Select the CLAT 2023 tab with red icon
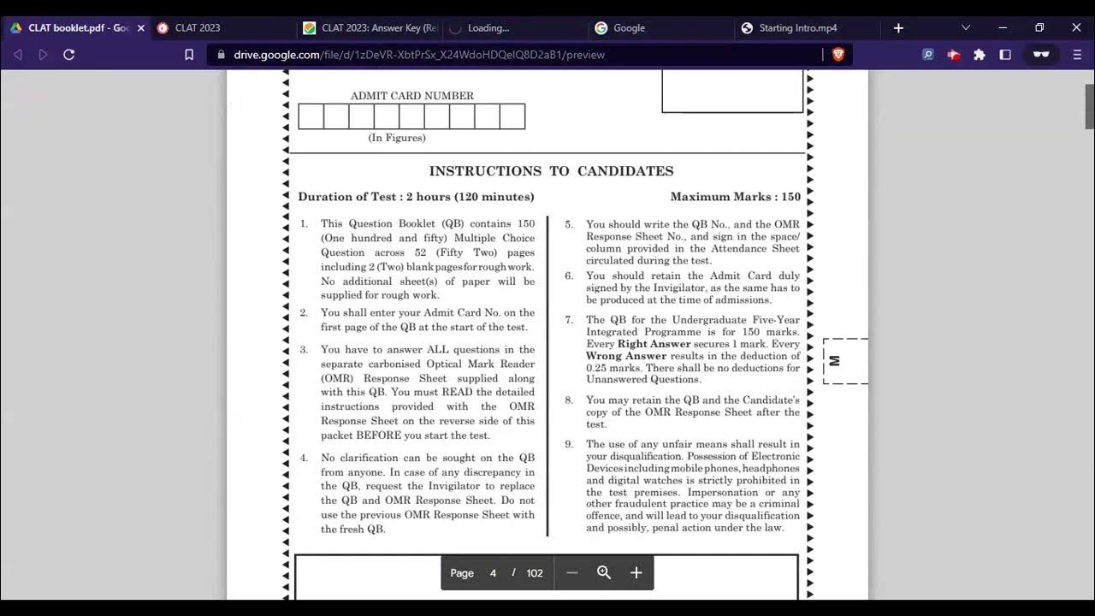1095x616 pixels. (x=198, y=28)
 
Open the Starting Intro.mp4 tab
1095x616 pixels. (x=797, y=28)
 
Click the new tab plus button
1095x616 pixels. (x=898, y=28)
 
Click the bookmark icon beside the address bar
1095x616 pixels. (x=189, y=55)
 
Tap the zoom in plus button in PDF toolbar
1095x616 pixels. (x=636, y=573)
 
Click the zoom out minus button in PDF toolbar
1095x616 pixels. (x=572, y=573)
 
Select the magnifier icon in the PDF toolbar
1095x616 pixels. (x=604, y=573)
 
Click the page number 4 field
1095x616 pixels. (x=493, y=573)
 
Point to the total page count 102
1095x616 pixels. (x=535, y=573)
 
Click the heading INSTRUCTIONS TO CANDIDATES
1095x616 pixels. (x=551, y=171)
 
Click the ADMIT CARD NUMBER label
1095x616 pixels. (x=411, y=96)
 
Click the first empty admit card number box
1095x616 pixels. (x=311, y=116)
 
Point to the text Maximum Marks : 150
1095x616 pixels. (x=735, y=197)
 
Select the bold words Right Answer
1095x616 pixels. (x=654, y=344)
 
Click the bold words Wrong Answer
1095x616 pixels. (x=625, y=356)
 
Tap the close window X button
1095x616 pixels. (x=1076, y=28)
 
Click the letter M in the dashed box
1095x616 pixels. (x=835, y=361)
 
